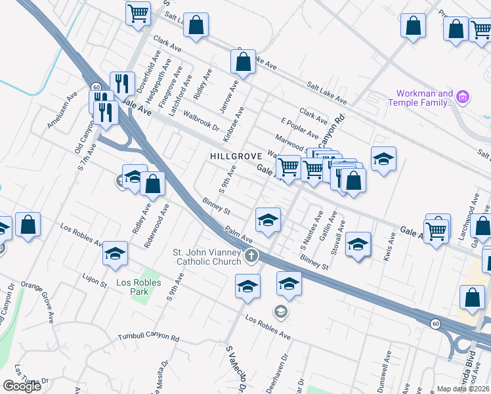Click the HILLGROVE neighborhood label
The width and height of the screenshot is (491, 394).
(236, 156)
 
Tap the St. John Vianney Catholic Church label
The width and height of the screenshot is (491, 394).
(207, 257)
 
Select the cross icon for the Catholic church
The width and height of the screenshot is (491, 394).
(250, 255)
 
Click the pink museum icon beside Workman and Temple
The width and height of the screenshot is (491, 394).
(463, 98)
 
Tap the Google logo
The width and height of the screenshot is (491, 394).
(22, 386)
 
